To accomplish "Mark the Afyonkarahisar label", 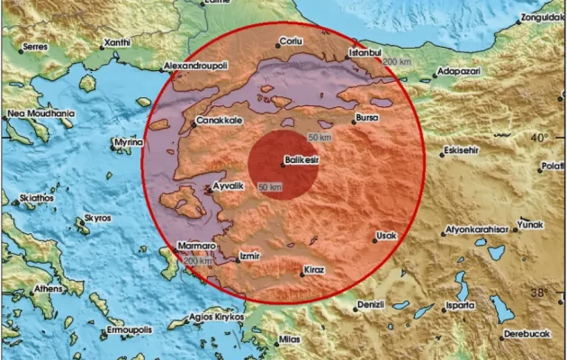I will coord(477,230).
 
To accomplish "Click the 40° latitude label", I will coord(538,138).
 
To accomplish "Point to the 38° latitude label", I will coord(538,292).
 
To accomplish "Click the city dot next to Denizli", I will coord(353,304).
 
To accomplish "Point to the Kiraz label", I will coord(312,269).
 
